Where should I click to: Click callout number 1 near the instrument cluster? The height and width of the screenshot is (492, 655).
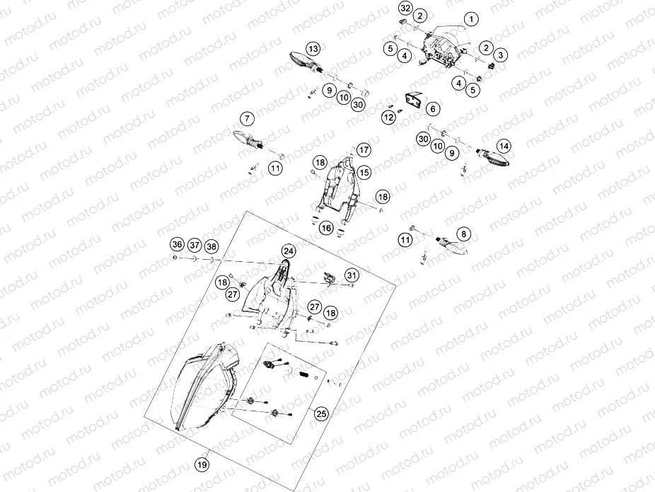tap(470, 18)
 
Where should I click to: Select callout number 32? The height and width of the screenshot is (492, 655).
tap(405, 8)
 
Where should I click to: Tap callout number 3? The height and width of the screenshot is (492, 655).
tap(500, 55)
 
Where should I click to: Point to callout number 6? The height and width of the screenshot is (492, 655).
tap(431, 108)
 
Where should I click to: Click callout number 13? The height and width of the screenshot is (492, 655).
tap(313, 49)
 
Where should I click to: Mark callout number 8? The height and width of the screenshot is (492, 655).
tap(463, 233)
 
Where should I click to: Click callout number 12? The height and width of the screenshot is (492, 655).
tap(388, 117)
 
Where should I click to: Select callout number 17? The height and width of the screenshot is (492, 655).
tap(364, 150)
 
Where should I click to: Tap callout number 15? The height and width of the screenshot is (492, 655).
tap(364, 171)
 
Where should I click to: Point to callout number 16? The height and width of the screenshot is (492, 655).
tap(326, 228)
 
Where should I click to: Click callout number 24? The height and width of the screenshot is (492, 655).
tap(288, 251)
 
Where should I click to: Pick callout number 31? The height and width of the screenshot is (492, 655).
tap(352, 275)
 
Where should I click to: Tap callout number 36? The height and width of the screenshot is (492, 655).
tap(176, 245)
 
